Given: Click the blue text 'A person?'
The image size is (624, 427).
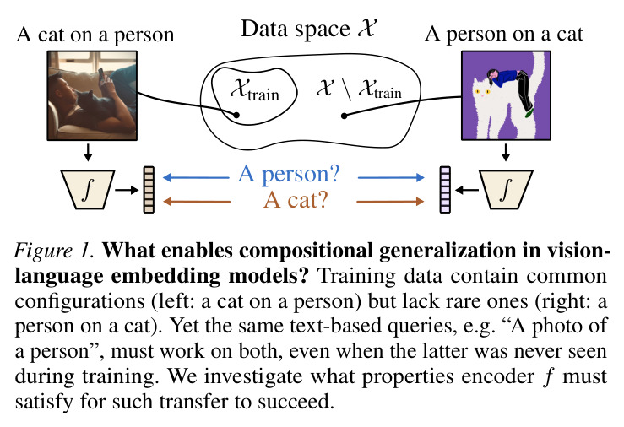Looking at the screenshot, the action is [x=289, y=175].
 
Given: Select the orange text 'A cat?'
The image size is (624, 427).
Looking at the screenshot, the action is [x=296, y=200].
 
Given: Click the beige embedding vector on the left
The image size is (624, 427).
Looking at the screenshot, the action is [x=149, y=190].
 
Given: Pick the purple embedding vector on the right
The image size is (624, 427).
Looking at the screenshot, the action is [x=445, y=190].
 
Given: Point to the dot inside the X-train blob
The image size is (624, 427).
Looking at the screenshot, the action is [x=236, y=115].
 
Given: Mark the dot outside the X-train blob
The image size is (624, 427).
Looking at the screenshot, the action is [x=345, y=116].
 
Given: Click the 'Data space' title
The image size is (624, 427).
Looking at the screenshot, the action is [x=308, y=29].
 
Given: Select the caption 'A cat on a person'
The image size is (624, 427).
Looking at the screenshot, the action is [x=95, y=35].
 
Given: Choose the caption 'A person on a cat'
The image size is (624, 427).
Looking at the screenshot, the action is [x=504, y=34].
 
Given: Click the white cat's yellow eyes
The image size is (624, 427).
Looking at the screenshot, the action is [x=482, y=92].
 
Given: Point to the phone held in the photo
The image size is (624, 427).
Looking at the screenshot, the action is [x=101, y=74].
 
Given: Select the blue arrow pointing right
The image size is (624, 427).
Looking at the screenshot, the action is [x=391, y=177].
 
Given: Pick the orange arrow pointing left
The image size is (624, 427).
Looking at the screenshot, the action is [x=197, y=202].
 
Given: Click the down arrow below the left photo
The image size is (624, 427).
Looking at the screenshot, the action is [x=88, y=152].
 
